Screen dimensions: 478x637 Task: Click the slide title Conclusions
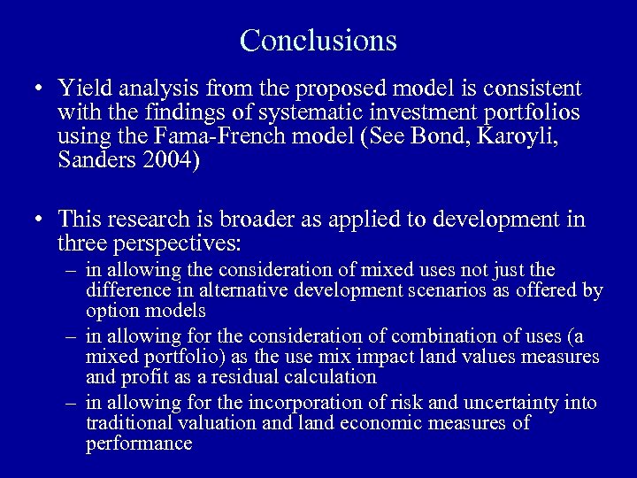tap(318, 40)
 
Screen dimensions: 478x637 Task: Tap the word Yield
tap(84, 89)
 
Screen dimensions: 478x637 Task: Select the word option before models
tap(111, 311)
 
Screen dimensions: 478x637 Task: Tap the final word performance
tap(138, 443)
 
